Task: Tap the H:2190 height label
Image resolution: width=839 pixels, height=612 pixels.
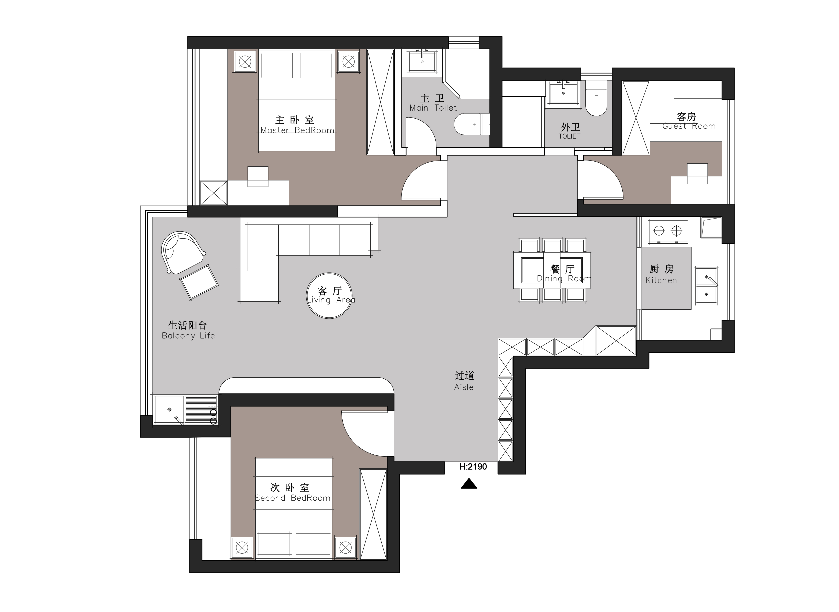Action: [473, 467]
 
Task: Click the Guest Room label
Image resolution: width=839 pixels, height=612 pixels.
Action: [689, 126]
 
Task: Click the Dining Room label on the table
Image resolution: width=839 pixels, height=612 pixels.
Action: [564, 279]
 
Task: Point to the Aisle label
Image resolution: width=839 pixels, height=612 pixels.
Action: [464, 387]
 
